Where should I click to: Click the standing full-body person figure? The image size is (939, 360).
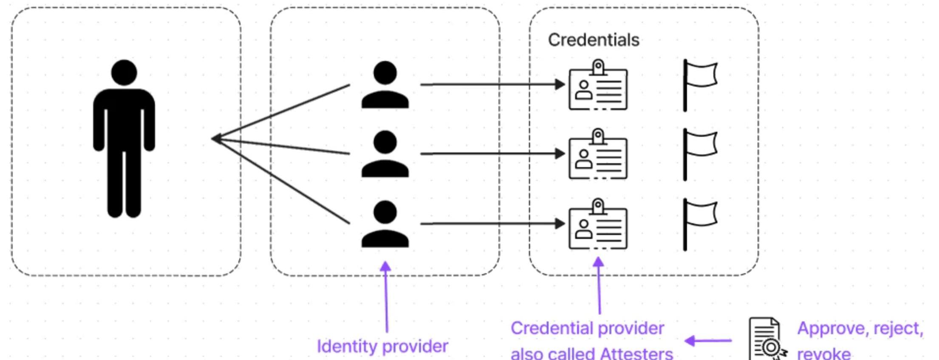pyautogui.click(x=124, y=140)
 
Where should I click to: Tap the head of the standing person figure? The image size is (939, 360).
pyautogui.click(x=124, y=72)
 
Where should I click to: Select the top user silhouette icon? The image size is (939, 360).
pyautogui.click(x=385, y=85)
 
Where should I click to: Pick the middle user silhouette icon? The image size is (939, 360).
pyautogui.click(x=385, y=154)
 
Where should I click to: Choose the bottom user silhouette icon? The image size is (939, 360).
pyautogui.click(x=385, y=224)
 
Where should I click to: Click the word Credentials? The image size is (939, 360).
pyautogui.click(x=593, y=40)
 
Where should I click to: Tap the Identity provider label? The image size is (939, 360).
pyautogui.click(x=382, y=346)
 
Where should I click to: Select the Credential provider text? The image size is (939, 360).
pyautogui.click(x=587, y=328)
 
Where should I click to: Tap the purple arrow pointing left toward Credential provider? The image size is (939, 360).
pyautogui.click(x=708, y=340)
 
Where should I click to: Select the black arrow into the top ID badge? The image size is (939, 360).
pyautogui.click(x=493, y=85)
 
